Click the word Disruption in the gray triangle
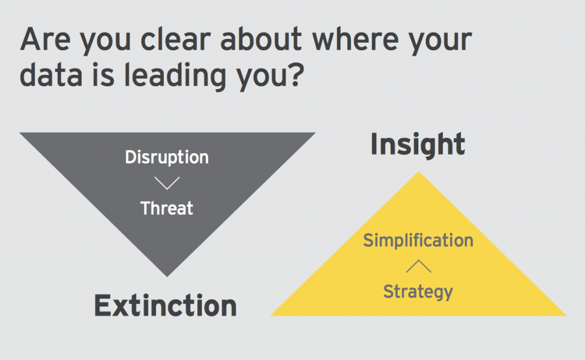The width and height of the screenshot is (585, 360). pos(167,158)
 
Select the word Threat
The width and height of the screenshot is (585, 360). pos(167,208)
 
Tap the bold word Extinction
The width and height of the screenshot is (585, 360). pos(165,306)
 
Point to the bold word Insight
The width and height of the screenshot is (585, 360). pos(418,144)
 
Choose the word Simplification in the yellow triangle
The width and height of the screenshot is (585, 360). pos(418,241)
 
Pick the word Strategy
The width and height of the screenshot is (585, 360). pos(418,291)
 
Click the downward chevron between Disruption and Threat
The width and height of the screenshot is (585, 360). pos(167,183)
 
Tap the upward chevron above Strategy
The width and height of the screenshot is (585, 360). pos(418,266)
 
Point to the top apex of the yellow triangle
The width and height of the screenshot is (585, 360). pos(419,173)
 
